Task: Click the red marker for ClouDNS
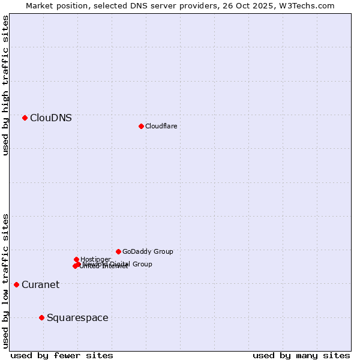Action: click(x=25, y=118)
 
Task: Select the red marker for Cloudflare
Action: click(x=141, y=126)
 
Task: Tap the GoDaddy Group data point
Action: click(x=118, y=251)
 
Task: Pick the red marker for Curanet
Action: click(x=16, y=284)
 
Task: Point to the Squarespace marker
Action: click(x=41, y=317)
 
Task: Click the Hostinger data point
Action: click(x=76, y=259)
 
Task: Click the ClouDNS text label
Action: click(x=51, y=118)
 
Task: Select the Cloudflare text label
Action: click(x=161, y=126)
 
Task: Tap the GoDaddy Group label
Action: click(x=148, y=252)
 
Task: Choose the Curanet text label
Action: click(x=40, y=285)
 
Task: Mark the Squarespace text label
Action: click(x=77, y=318)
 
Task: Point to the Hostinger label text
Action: click(x=95, y=259)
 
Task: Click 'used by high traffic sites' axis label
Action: click(x=5, y=86)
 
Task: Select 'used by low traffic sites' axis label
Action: click(x=5, y=280)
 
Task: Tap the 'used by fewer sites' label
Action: click(x=62, y=355)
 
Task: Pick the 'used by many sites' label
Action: click(x=301, y=355)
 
